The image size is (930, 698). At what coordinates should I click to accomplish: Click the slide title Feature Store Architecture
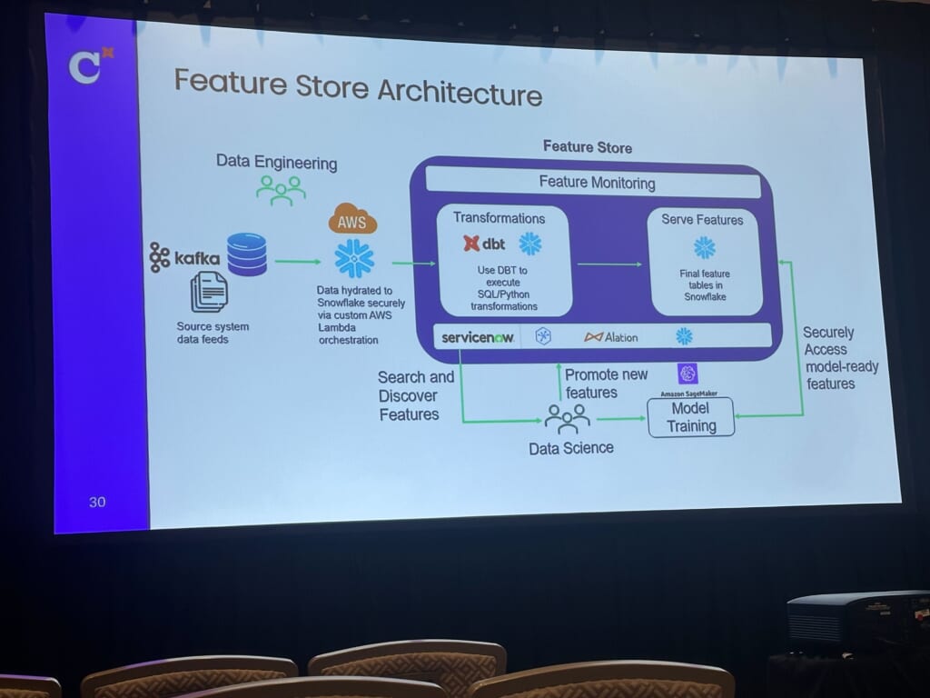(x=358, y=90)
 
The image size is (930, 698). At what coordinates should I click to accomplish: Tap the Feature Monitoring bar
(x=597, y=183)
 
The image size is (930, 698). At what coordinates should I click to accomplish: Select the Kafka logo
(x=185, y=258)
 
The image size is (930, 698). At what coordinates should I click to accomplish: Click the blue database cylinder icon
(x=247, y=254)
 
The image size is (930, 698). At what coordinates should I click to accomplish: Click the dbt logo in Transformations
(x=484, y=244)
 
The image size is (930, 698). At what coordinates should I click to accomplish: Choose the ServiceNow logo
(x=478, y=337)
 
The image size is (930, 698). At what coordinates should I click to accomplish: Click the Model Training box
(x=691, y=418)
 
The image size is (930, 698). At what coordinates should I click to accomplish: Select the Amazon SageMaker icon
(x=688, y=373)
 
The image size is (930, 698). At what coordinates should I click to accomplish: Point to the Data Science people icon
(x=568, y=418)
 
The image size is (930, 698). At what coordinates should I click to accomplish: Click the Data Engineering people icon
(x=280, y=188)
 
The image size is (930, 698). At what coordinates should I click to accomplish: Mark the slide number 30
(x=97, y=502)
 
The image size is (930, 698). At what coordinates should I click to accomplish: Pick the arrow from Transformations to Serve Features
(x=608, y=264)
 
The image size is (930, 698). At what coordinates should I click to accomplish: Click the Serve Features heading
(x=702, y=220)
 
